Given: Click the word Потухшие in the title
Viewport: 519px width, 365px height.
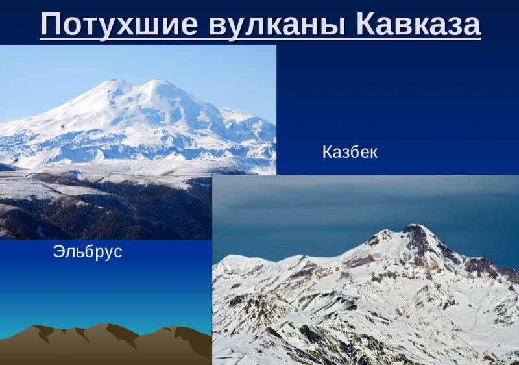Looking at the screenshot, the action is click(119, 24).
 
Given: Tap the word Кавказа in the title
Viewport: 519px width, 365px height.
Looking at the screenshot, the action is click(418, 25).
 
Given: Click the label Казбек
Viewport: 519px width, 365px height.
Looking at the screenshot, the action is click(350, 153).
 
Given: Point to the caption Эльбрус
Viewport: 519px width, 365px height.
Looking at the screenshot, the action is click(88, 252).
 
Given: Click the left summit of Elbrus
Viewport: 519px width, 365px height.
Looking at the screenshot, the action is click(114, 80).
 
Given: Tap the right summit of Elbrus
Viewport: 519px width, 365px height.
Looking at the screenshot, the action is click(159, 81).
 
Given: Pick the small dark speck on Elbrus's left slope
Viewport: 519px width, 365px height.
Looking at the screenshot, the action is click(62, 126).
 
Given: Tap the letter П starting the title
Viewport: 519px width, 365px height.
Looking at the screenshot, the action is click(51, 24).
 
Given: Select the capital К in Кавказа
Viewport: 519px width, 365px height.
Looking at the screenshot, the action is click(367, 24).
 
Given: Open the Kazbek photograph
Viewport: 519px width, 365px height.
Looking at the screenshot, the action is click(365, 270).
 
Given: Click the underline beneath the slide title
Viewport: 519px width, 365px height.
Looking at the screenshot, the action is click(261, 38).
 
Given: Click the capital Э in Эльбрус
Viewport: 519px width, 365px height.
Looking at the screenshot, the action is click(58, 252).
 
